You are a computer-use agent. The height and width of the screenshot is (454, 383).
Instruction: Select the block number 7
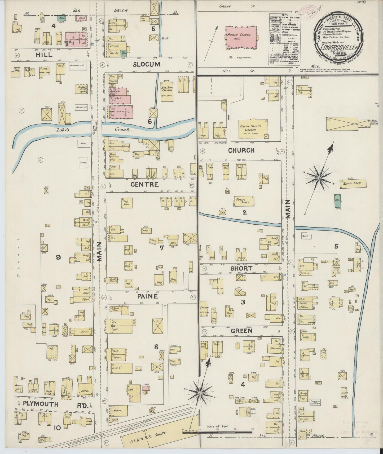click(162, 248)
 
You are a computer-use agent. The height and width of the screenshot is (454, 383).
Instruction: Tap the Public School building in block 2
click(243, 201)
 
